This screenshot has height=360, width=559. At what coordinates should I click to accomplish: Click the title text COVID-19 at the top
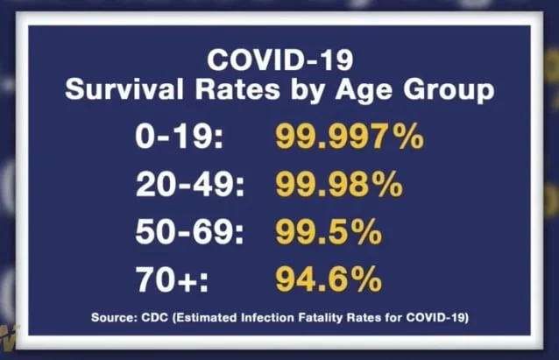click(279, 60)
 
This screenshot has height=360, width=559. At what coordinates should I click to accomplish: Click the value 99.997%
click(350, 138)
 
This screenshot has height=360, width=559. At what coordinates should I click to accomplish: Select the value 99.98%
click(339, 185)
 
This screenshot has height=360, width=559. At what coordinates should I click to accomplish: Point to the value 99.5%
click(329, 232)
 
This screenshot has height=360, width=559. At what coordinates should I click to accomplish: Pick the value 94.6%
click(329, 280)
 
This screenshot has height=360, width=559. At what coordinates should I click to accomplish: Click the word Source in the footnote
click(113, 316)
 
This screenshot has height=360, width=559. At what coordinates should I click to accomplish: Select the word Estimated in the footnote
click(209, 316)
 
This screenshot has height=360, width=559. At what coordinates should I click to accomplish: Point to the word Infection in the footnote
click(265, 316)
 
